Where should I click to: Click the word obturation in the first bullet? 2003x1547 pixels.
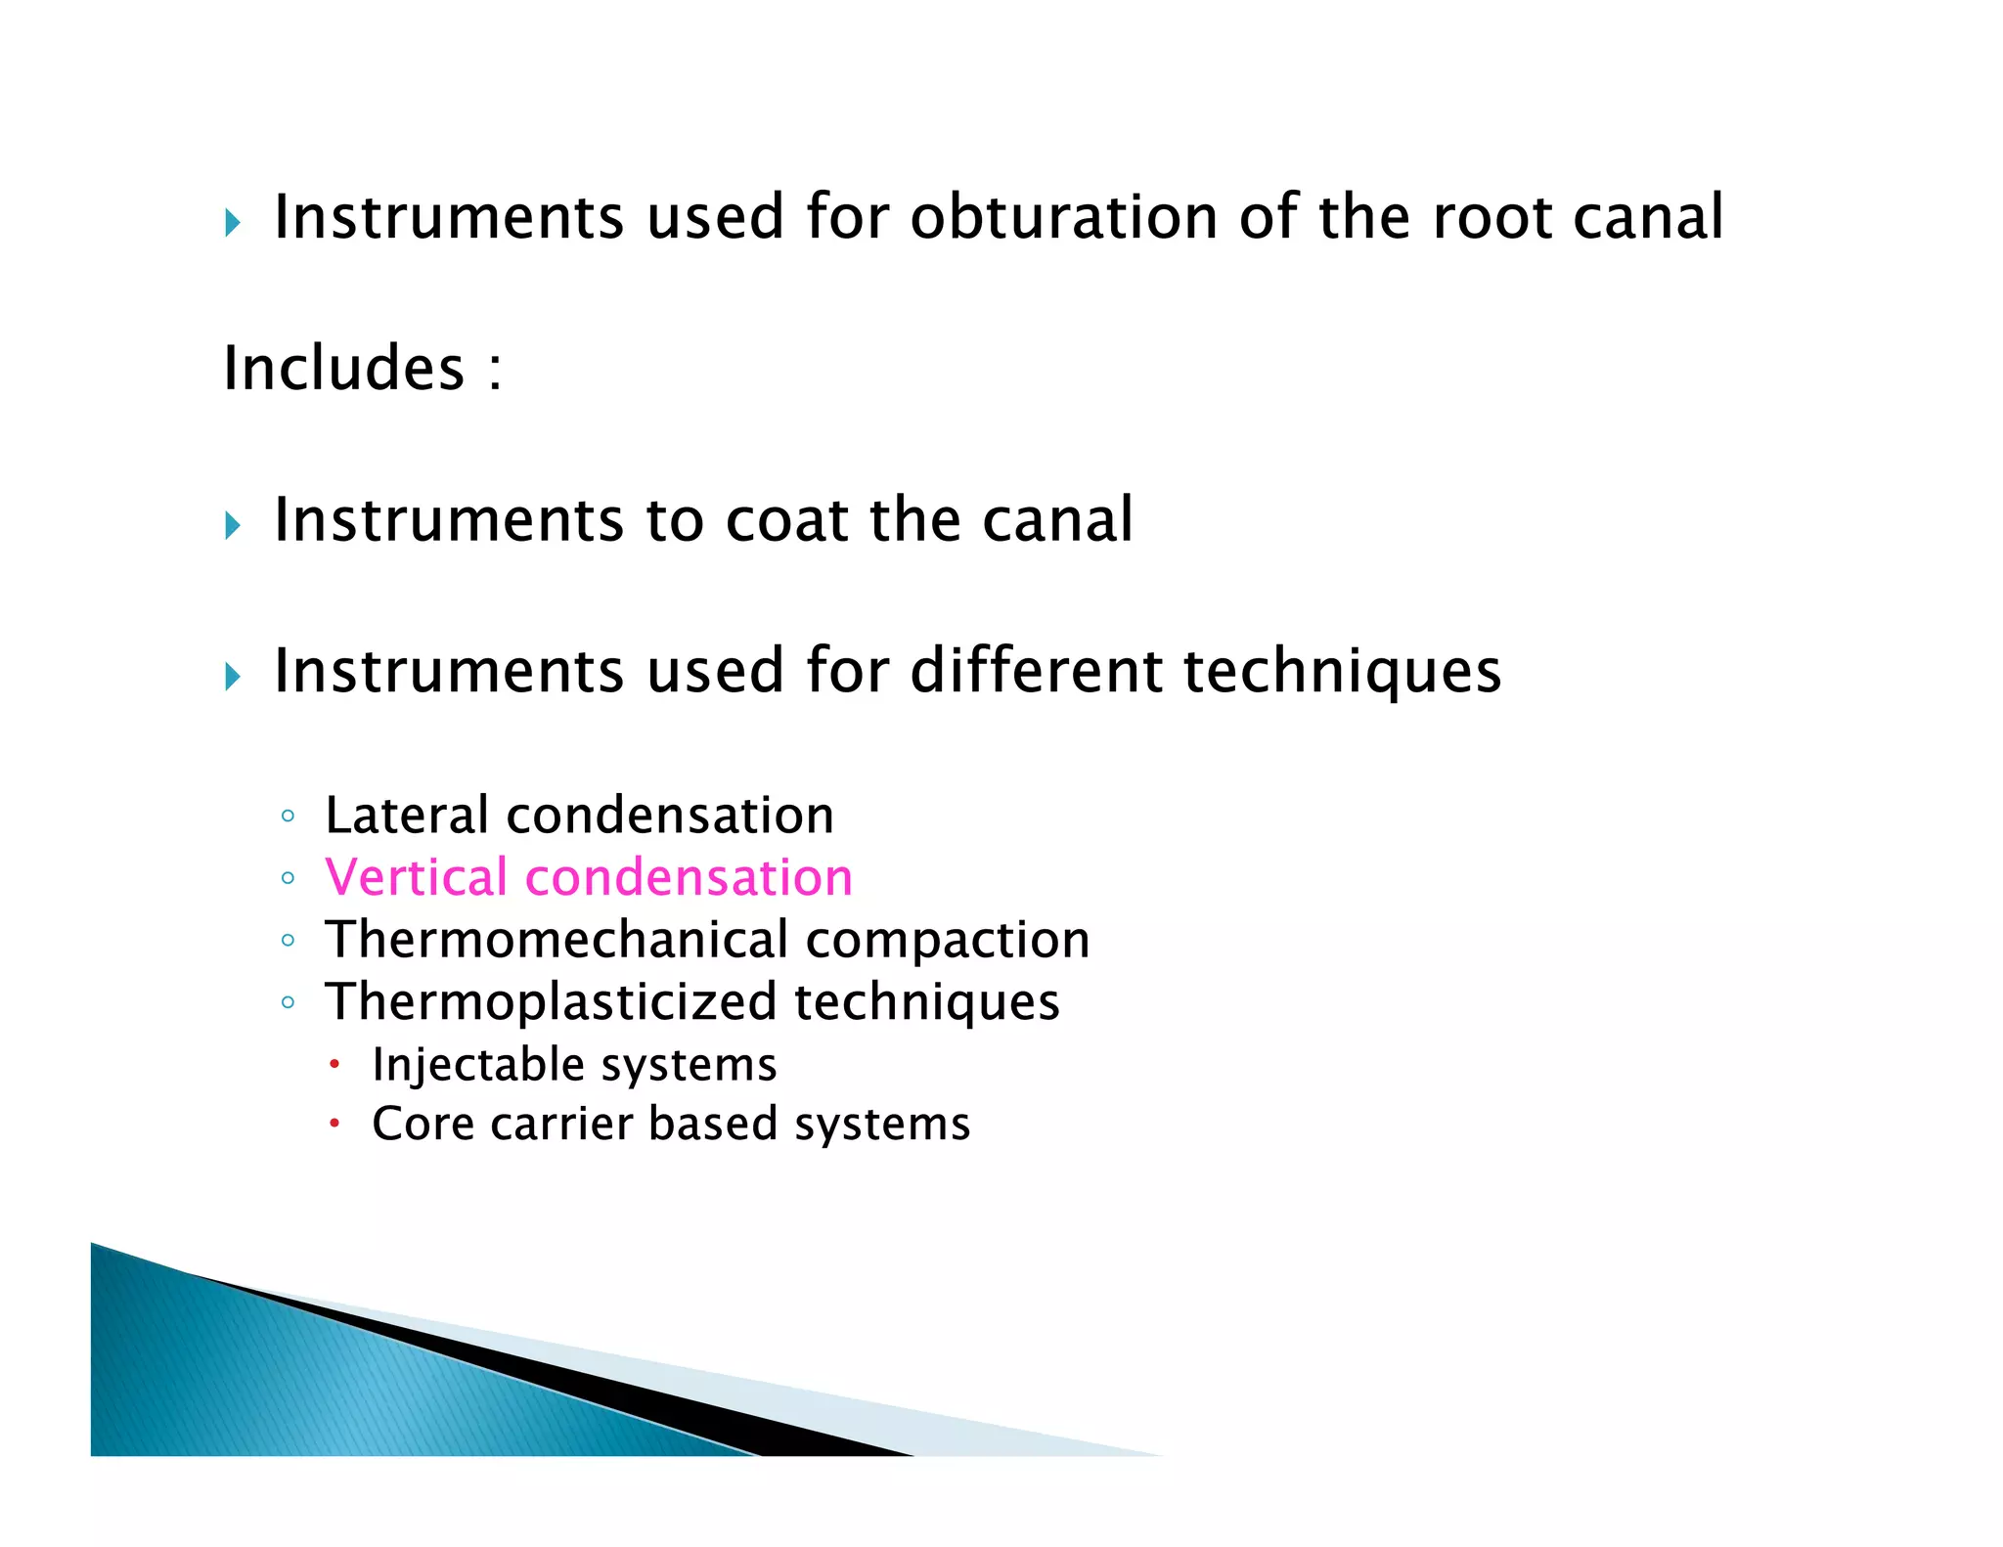click(x=1062, y=217)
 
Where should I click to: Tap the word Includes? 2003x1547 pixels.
click(x=344, y=369)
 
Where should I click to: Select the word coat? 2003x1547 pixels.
click(x=786, y=519)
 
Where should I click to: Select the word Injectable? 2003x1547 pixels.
click(x=478, y=1064)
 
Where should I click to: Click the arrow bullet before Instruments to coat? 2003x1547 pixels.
click(x=233, y=526)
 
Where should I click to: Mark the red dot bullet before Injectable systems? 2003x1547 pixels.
click(x=334, y=1063)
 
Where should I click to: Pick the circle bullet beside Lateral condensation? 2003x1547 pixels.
click(x=288, y=817)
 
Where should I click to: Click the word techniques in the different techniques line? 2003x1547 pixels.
click(x=1342, y=672)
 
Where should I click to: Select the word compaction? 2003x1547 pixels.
click(x=947, y=940)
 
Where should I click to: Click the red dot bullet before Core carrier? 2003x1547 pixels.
click(x=334, y=1124)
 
